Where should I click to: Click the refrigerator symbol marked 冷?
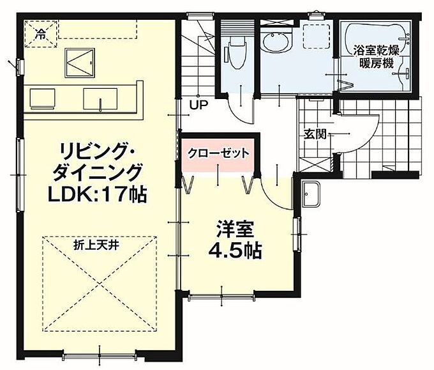tap(41, 34)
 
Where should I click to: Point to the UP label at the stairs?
tap(198, 105)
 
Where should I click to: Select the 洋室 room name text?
tap(235, 229)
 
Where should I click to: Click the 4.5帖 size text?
tap(235, 251)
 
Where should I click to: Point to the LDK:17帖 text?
tap(97, 194)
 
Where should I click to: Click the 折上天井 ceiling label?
tap(96, 245)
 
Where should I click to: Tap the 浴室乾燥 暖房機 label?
tap(377, 58)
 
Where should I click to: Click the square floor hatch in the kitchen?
tap(80, 63)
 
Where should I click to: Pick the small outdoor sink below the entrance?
tap(311, 194)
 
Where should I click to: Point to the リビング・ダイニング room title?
tap(97, 161)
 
